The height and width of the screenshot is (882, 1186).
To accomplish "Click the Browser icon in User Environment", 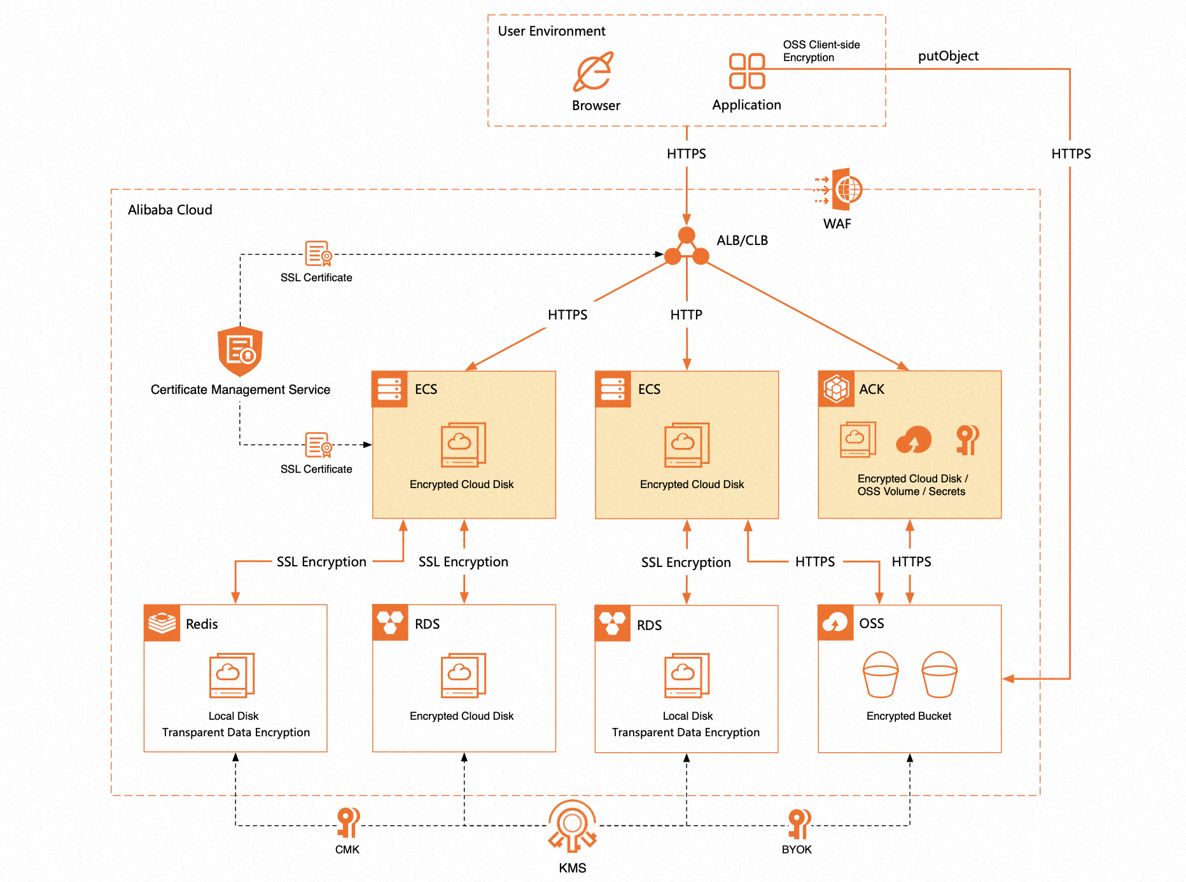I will coord(594,72).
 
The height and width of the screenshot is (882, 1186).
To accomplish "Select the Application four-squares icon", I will coord(746,71).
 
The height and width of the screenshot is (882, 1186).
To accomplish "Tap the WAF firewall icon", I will coord(840,189).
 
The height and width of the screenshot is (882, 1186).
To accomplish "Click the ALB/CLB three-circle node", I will coord(687,248).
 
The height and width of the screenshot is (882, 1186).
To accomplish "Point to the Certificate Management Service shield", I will coord(240,351).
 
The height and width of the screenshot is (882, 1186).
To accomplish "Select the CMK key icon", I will coord(348,822).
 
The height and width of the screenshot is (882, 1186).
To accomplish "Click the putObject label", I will coord(948,56).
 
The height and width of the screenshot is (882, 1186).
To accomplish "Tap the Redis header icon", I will coord(162,623).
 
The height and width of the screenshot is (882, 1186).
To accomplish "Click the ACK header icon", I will coord(836,389).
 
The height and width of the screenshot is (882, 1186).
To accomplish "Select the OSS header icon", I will coord(835,622).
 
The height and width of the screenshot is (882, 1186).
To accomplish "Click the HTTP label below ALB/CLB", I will coord(686,315).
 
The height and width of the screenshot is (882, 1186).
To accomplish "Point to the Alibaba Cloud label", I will coord(170,210).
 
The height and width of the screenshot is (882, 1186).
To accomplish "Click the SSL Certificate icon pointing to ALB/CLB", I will coord(318,253).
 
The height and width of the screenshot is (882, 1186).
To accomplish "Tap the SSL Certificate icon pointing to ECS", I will coord(318,445).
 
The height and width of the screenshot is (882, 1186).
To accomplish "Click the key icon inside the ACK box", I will coord(967,440).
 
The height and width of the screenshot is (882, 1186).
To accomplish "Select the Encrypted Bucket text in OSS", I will coord(909,716).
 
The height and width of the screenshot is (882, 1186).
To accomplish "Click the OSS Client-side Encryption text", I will coord(821,51).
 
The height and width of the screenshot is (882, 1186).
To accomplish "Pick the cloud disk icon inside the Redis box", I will coord(232,675).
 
